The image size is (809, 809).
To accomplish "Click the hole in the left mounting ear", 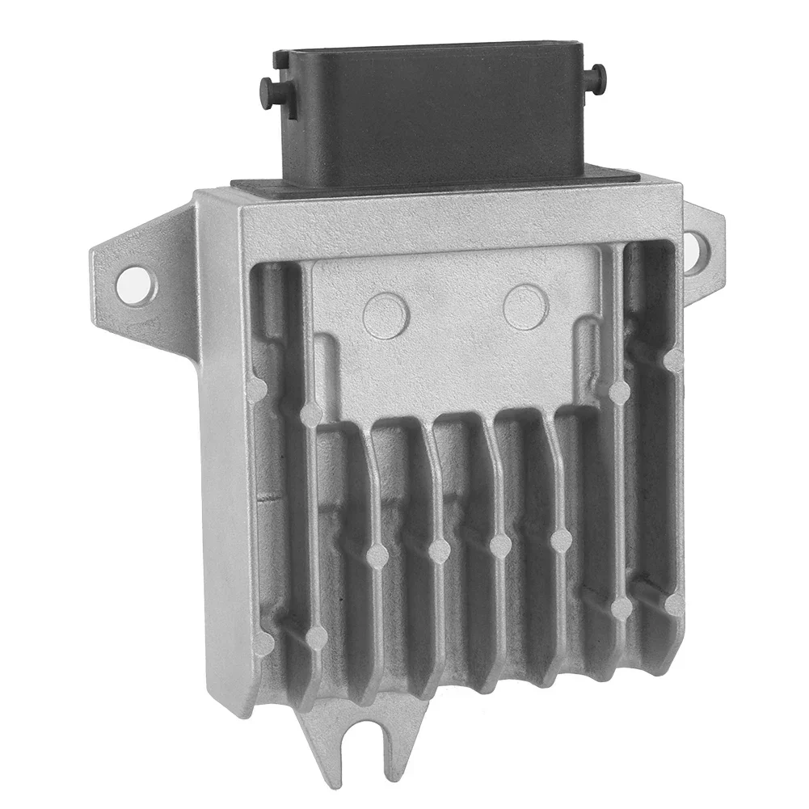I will (133, 284).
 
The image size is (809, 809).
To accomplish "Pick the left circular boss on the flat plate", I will (385, 315).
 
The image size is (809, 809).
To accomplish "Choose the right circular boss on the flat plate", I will (525, 307).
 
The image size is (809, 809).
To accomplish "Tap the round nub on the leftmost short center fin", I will (377, 556).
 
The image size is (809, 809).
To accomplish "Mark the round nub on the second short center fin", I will (439, 551).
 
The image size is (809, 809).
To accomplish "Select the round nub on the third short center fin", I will (500, 546).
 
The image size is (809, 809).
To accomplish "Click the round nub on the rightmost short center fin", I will (560, 540).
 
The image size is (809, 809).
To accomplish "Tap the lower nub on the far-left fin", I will (263, 643).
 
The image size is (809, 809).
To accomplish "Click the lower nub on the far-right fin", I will (673, 604).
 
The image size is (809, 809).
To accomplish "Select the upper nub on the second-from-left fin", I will (311, 415).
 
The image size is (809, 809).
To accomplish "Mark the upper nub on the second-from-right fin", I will (619, 393).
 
